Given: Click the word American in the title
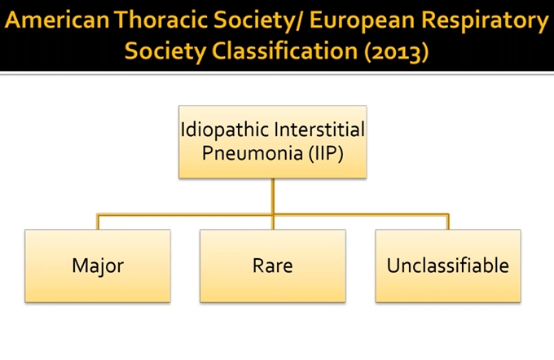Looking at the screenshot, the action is click(x=57, y=20).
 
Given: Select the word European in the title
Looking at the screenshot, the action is click(x=363, y=21).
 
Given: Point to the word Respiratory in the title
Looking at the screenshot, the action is click(x=485, y=21).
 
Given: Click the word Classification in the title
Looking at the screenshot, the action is click(x=285, y=50).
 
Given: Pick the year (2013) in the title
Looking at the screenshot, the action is click(x=397, y=52).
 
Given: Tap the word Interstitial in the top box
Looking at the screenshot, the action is click(x=319, y=129).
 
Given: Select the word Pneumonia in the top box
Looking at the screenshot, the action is click(x=253, y=154).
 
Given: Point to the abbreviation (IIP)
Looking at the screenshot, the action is click(x=326, y=154).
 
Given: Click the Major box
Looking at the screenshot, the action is click(x=98, y=266).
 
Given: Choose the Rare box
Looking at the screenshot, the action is click(x=273, y=266).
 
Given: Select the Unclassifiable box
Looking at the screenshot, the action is click(x=448, y=266).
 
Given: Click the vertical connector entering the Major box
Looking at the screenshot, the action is click(x=98, y=222).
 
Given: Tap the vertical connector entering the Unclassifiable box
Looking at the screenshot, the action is click(x=448, y=222).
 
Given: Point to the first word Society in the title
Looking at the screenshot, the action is click(x=253, y=21).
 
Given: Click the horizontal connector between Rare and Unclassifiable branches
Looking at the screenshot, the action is click(x=360, y=214).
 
